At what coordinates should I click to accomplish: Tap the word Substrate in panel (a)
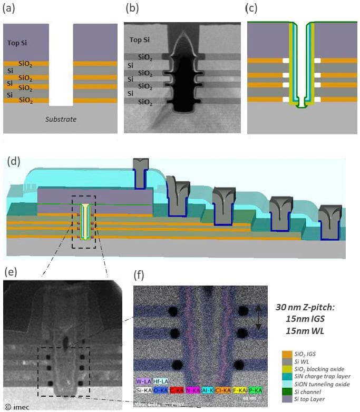pos(59,119)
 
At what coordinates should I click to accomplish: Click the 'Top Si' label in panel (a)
pos(15,45)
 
